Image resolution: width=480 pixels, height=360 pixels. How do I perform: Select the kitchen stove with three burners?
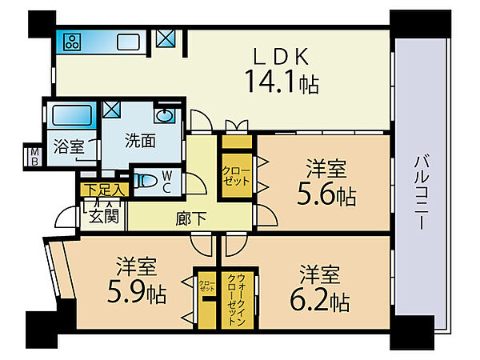pos(70,42)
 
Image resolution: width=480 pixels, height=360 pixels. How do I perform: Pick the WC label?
pos(166,182)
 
